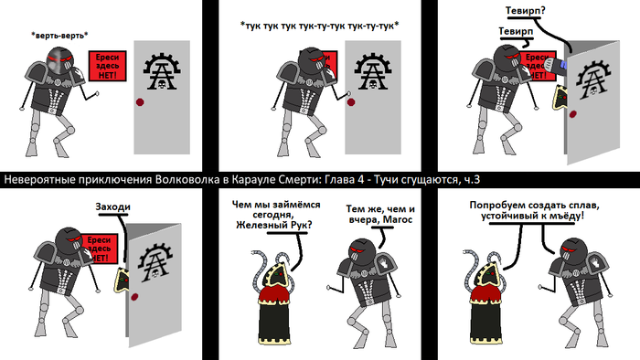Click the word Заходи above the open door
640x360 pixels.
tap(113, 206)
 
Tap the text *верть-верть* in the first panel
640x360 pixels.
tap(59, 36)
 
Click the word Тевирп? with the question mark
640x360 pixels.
tap(526, 11)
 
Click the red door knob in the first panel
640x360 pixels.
tap(140, 102)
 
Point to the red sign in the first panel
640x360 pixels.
tap(107, 66)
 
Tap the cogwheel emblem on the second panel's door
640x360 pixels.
tap(373, 71)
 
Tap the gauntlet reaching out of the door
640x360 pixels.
tap(556, 66)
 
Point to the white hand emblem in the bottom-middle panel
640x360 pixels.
tap(383, 261)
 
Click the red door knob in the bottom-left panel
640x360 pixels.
tap(134, 297)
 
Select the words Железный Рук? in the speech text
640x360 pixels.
tap(274, 225)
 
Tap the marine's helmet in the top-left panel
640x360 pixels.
tap(60, 60)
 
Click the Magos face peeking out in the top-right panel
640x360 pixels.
tap(560, 98)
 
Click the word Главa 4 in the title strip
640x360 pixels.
tap(344, 180)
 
